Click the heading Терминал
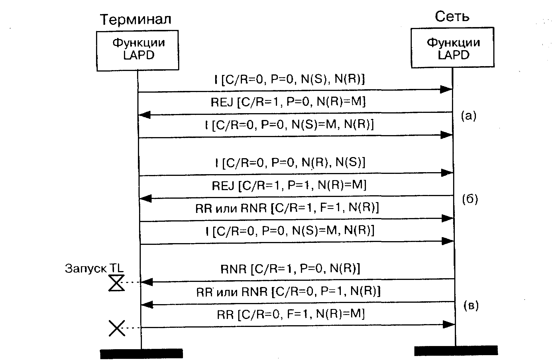tap(136, 19)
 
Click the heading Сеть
tap(452, 17)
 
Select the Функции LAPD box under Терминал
tap(138, 50)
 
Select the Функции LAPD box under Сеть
tap(453, 48)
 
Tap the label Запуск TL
tap(94, 269)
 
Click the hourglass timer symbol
tap(117, 283)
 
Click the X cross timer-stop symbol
tap(117, 328)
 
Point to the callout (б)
tap(470, 199)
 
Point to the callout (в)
tap(471, 306)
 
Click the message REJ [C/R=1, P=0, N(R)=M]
tap(288, 102)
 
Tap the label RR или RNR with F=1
tap(287, 208)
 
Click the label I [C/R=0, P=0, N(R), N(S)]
tap(290, 163)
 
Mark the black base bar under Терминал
tap(141, 353)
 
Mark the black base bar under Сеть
tap(456, 351)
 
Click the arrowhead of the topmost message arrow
tap(446, 90)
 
